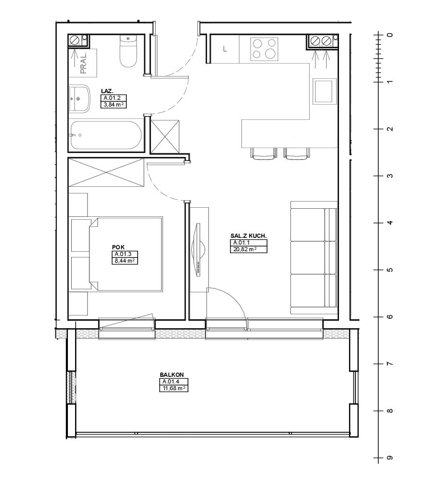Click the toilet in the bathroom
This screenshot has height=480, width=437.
128,51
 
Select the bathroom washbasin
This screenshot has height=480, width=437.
79,98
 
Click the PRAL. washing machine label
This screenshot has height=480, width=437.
83,63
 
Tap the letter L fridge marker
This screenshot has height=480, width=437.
225,49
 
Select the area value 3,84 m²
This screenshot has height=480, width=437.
114,105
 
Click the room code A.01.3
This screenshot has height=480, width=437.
123,254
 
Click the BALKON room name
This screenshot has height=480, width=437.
172,375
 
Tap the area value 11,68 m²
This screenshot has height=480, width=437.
174,388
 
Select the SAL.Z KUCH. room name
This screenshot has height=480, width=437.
249,236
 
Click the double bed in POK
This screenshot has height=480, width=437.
126,254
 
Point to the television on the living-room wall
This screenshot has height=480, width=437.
198,250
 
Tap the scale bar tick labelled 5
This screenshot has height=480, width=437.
379,270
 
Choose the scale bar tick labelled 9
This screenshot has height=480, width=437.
379,458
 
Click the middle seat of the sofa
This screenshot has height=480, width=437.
313,257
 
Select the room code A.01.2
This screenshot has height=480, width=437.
114,98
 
